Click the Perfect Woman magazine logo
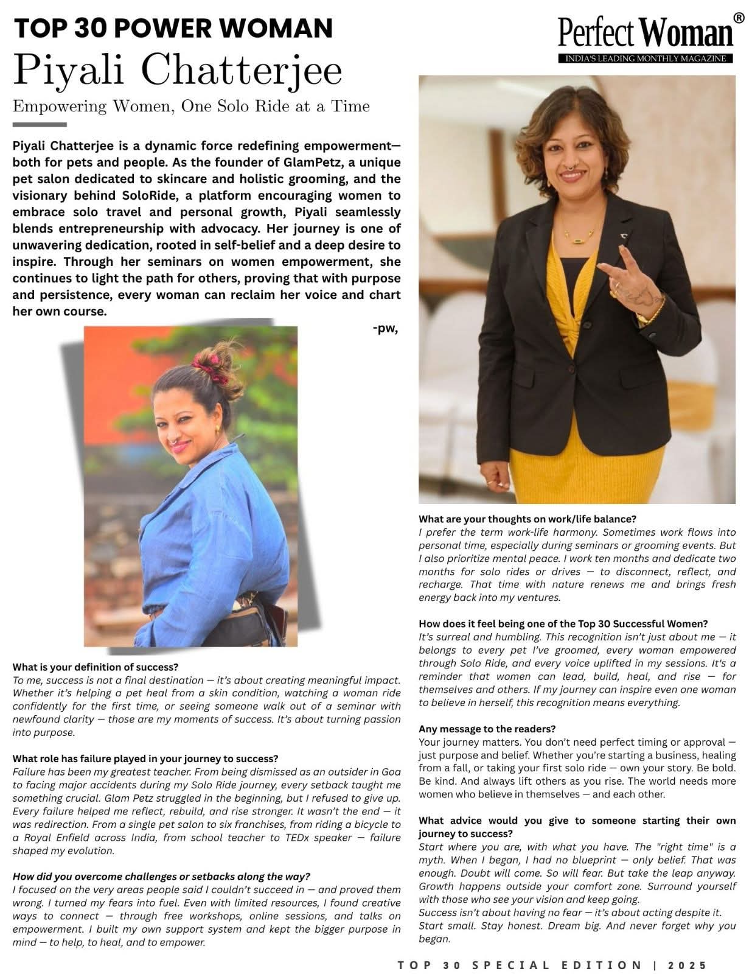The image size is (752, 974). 646,33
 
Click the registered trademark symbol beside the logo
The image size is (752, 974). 739,18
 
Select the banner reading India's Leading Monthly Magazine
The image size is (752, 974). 646,58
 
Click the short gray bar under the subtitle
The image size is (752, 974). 40,124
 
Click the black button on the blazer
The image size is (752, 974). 572,370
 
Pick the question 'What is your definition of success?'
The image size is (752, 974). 96,667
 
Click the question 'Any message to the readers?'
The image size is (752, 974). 487,729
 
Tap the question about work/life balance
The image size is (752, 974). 527,519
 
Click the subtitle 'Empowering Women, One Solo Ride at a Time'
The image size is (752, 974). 191,106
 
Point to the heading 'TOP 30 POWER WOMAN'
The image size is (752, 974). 173,28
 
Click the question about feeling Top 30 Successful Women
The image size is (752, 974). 563,623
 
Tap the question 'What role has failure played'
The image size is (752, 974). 145,759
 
